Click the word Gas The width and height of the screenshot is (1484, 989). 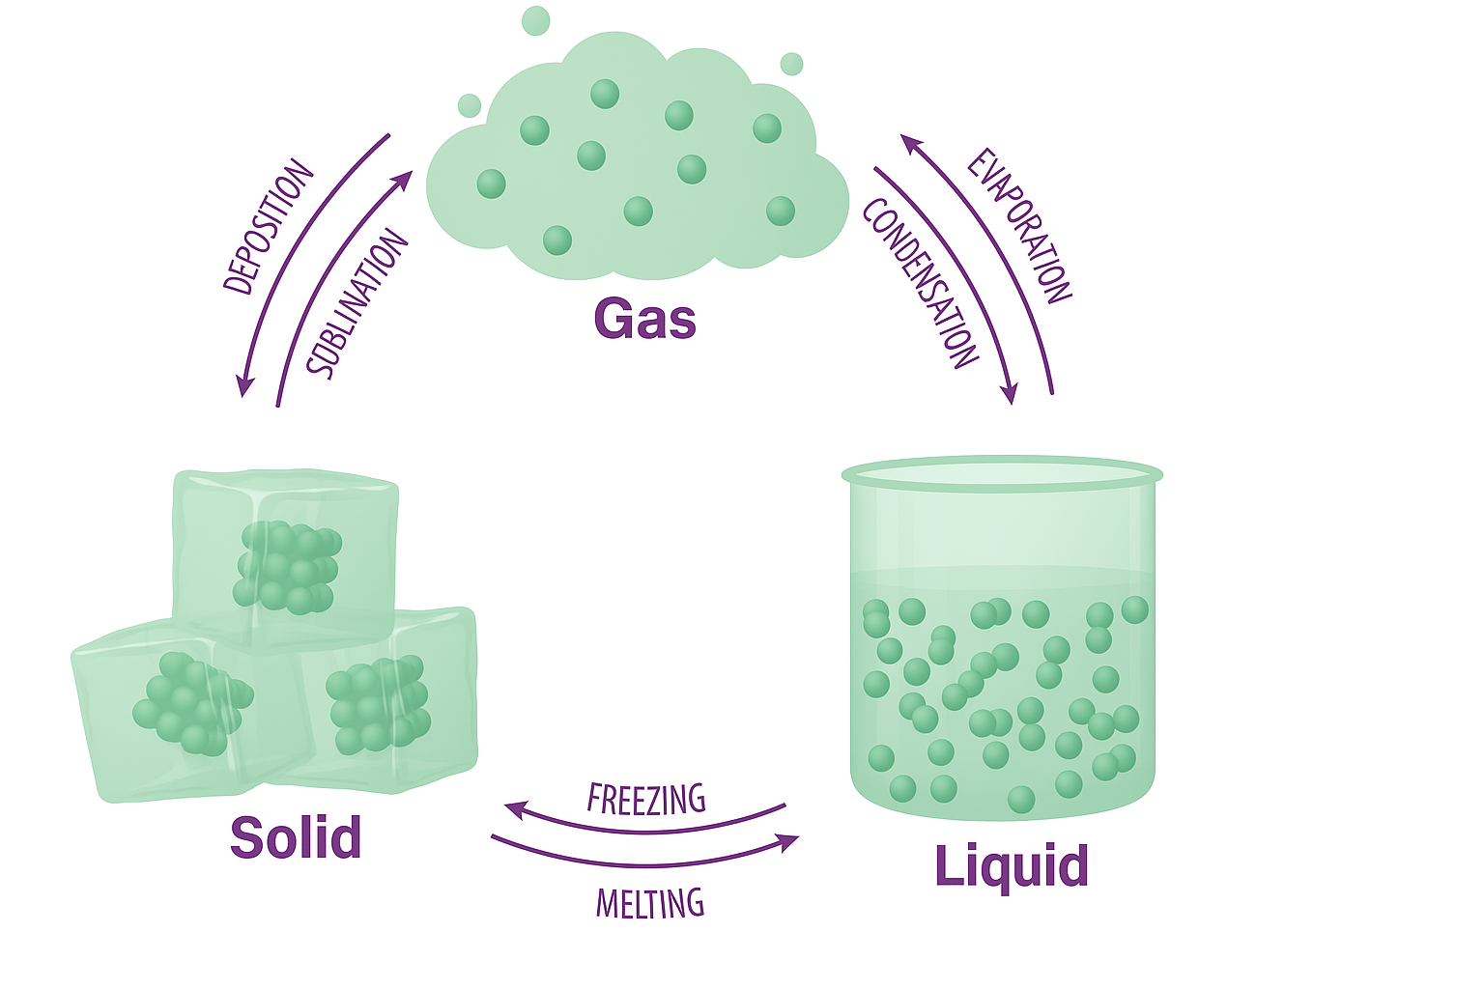(644, 320)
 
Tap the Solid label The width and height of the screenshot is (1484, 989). (296, 837)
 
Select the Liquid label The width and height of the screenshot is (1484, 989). (1011, 866)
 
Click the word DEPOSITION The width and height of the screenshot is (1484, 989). (269, 228)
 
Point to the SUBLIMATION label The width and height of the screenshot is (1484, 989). (357, 304)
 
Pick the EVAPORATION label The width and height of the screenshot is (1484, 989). (1019, 226)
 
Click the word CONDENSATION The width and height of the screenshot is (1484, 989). (920, 283)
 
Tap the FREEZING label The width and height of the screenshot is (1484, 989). (646, 799)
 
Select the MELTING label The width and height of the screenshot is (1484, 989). (649, 904)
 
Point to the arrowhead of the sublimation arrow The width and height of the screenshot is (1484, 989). (407, 179)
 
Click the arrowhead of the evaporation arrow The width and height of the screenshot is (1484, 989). (908, 141)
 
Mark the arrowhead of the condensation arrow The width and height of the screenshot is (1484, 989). (1011, 395)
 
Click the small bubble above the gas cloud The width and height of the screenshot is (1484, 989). (535, 20)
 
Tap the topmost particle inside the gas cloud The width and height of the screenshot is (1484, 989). (605, 94)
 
